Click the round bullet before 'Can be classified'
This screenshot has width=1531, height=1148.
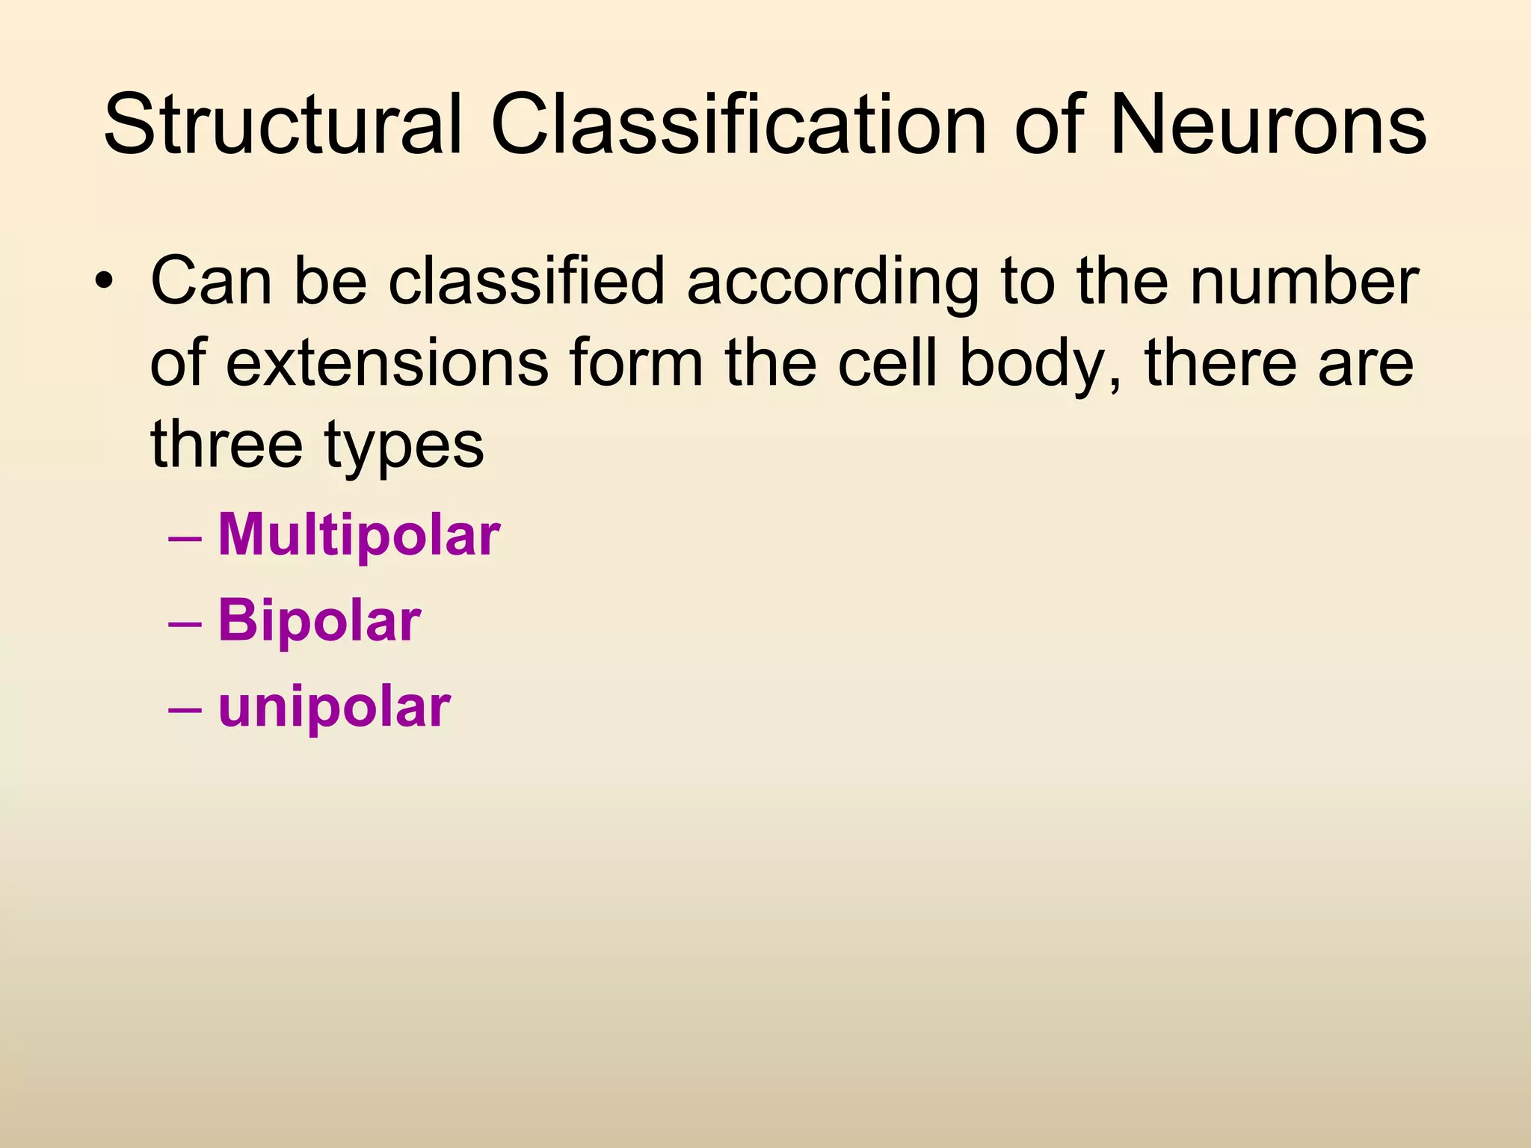104,283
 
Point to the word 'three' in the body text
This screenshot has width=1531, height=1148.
227,444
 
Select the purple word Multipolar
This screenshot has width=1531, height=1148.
359,535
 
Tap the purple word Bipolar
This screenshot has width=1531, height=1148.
319,621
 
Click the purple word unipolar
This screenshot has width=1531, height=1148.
334,707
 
